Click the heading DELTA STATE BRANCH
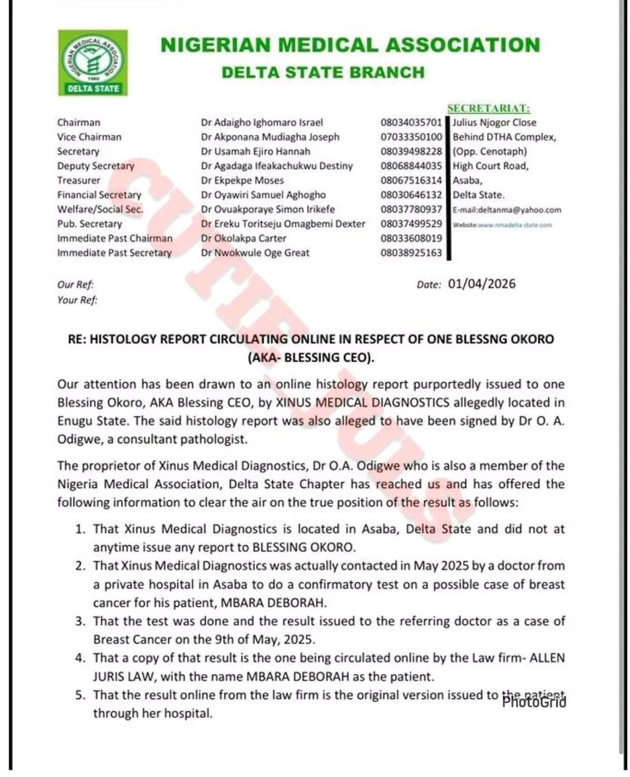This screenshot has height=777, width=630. click(x=323, y=72)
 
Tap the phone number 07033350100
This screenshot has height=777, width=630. click(x=411, y=137)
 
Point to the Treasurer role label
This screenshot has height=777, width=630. click(x=79, y=180)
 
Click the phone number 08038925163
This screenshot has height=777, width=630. click(x=411, y=253)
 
